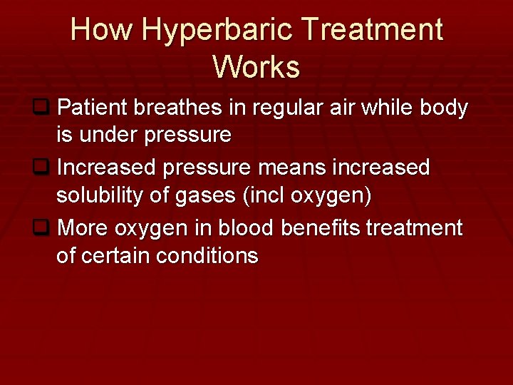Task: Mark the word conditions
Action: click(214, 255)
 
